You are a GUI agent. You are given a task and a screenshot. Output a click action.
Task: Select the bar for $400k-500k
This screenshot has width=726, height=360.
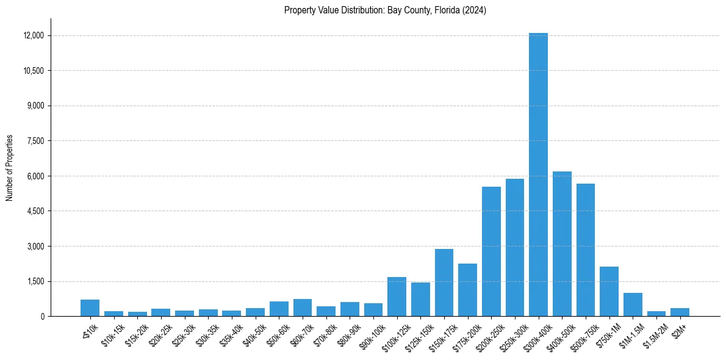[x=562, y=244]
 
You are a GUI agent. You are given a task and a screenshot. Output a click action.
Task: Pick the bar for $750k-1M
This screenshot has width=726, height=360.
[x=609, y=292]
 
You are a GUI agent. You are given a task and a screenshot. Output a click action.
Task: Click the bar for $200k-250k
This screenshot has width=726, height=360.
[x=491, y=251]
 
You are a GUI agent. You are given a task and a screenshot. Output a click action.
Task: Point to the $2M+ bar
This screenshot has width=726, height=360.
[x=680, y=312]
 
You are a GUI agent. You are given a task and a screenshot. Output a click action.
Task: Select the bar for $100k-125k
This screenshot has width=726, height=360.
[x=397, y=297]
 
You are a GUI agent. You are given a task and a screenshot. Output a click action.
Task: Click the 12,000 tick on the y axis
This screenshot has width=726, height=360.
[x=34, y=35]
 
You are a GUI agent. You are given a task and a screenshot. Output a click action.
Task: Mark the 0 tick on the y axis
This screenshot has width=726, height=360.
[x=42, y=317]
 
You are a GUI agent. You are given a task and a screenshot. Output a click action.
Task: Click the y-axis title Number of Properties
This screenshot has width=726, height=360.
[x=10, y=167]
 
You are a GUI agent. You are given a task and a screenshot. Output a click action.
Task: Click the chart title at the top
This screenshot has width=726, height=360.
[x=385, y=10]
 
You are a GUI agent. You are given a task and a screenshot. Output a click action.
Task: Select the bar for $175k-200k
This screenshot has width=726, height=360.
[x=467, y=290]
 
